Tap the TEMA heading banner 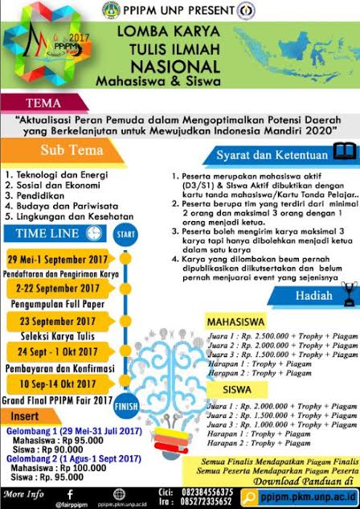coord(42,103)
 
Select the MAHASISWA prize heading coord(239,318)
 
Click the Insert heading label coord(27,416)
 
